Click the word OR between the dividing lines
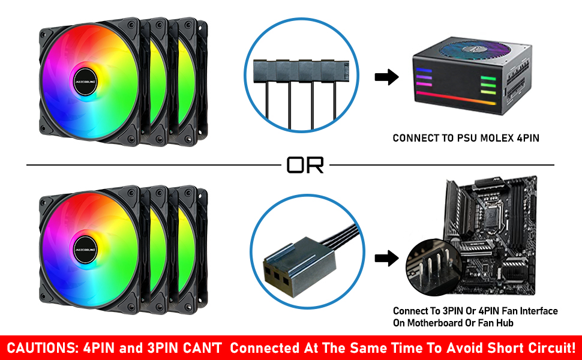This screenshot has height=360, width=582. tap(305, 164)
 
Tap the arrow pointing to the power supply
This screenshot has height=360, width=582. tap(387, 77)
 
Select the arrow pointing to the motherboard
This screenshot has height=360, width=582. tap(387, 259)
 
